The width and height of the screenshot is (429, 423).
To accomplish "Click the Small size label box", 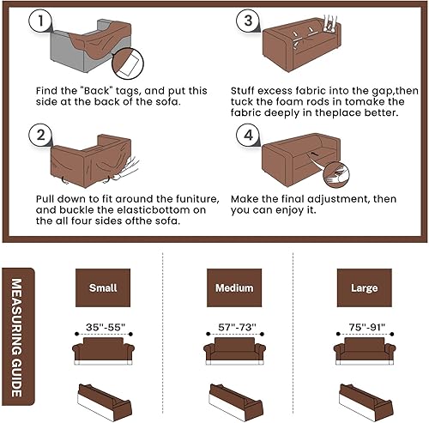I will [x=102, y=288].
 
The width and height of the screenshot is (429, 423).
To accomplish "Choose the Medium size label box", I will [x=228, y=288].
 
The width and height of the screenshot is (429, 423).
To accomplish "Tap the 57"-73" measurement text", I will [x=228, y=327].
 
